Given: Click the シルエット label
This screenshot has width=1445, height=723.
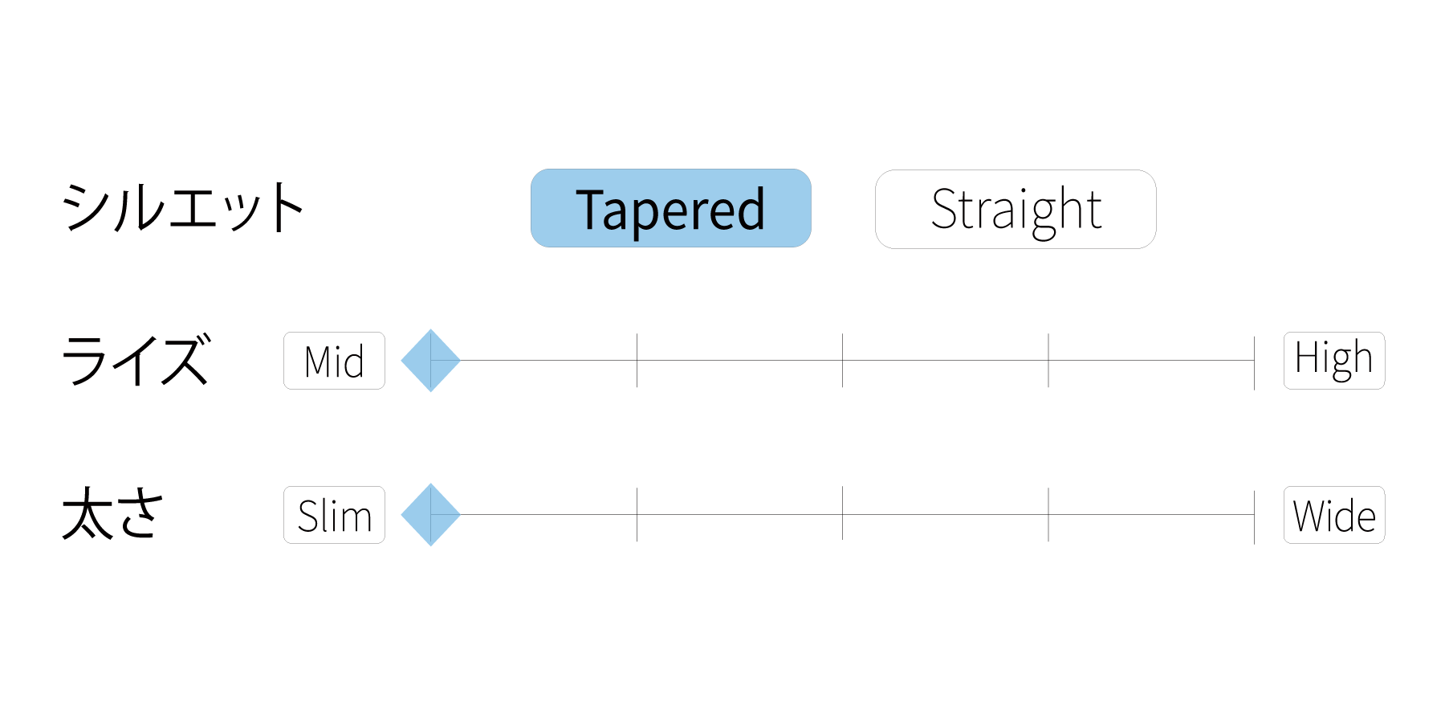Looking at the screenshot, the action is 183,207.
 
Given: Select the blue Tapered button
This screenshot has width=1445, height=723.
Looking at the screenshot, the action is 671,208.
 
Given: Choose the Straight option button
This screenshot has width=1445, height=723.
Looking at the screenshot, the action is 1016,209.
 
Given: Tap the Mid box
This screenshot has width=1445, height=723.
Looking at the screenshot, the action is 334,361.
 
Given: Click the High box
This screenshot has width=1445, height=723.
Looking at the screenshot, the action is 1334,361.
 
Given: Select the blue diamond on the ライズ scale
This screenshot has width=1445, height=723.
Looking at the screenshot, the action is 431,361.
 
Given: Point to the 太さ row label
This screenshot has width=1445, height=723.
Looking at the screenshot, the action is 113,513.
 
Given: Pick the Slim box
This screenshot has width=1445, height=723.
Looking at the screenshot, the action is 334,515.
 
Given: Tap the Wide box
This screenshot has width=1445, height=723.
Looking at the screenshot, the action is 1334,515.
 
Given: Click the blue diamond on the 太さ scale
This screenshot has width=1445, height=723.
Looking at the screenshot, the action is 431,515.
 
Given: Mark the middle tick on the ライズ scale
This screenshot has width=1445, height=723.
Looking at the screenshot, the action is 842,361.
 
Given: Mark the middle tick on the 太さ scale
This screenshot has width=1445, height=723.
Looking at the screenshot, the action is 842,514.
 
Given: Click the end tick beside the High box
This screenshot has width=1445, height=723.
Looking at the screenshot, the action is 1254,363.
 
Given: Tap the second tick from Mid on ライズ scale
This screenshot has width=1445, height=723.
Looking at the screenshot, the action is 637,361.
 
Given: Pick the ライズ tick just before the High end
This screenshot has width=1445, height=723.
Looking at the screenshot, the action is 1048,361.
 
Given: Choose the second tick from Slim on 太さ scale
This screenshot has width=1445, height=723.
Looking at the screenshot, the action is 637,514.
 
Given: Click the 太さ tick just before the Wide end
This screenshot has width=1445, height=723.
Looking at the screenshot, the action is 1048,514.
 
